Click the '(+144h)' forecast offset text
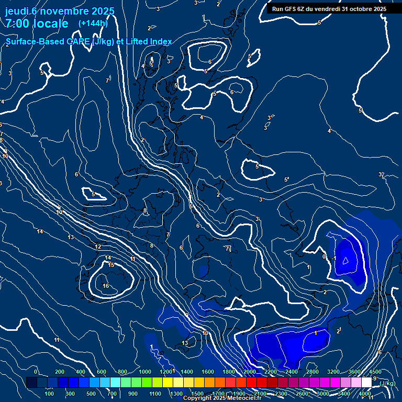point(93,23)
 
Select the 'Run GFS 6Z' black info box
point(329,9)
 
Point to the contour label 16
point(106,286)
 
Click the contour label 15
point(111,265)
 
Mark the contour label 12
point(98,247)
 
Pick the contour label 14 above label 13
point(40,231)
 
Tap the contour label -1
point(334,259)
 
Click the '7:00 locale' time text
point(37,24)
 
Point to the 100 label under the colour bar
point(49,393)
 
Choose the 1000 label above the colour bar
point(145,372)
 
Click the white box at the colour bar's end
point(366,383)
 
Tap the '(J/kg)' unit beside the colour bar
point(387,383)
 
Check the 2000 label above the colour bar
point(249,372)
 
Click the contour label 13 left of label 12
point(71,237)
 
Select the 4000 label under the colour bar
point(365,393)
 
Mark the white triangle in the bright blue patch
point(345,259)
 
